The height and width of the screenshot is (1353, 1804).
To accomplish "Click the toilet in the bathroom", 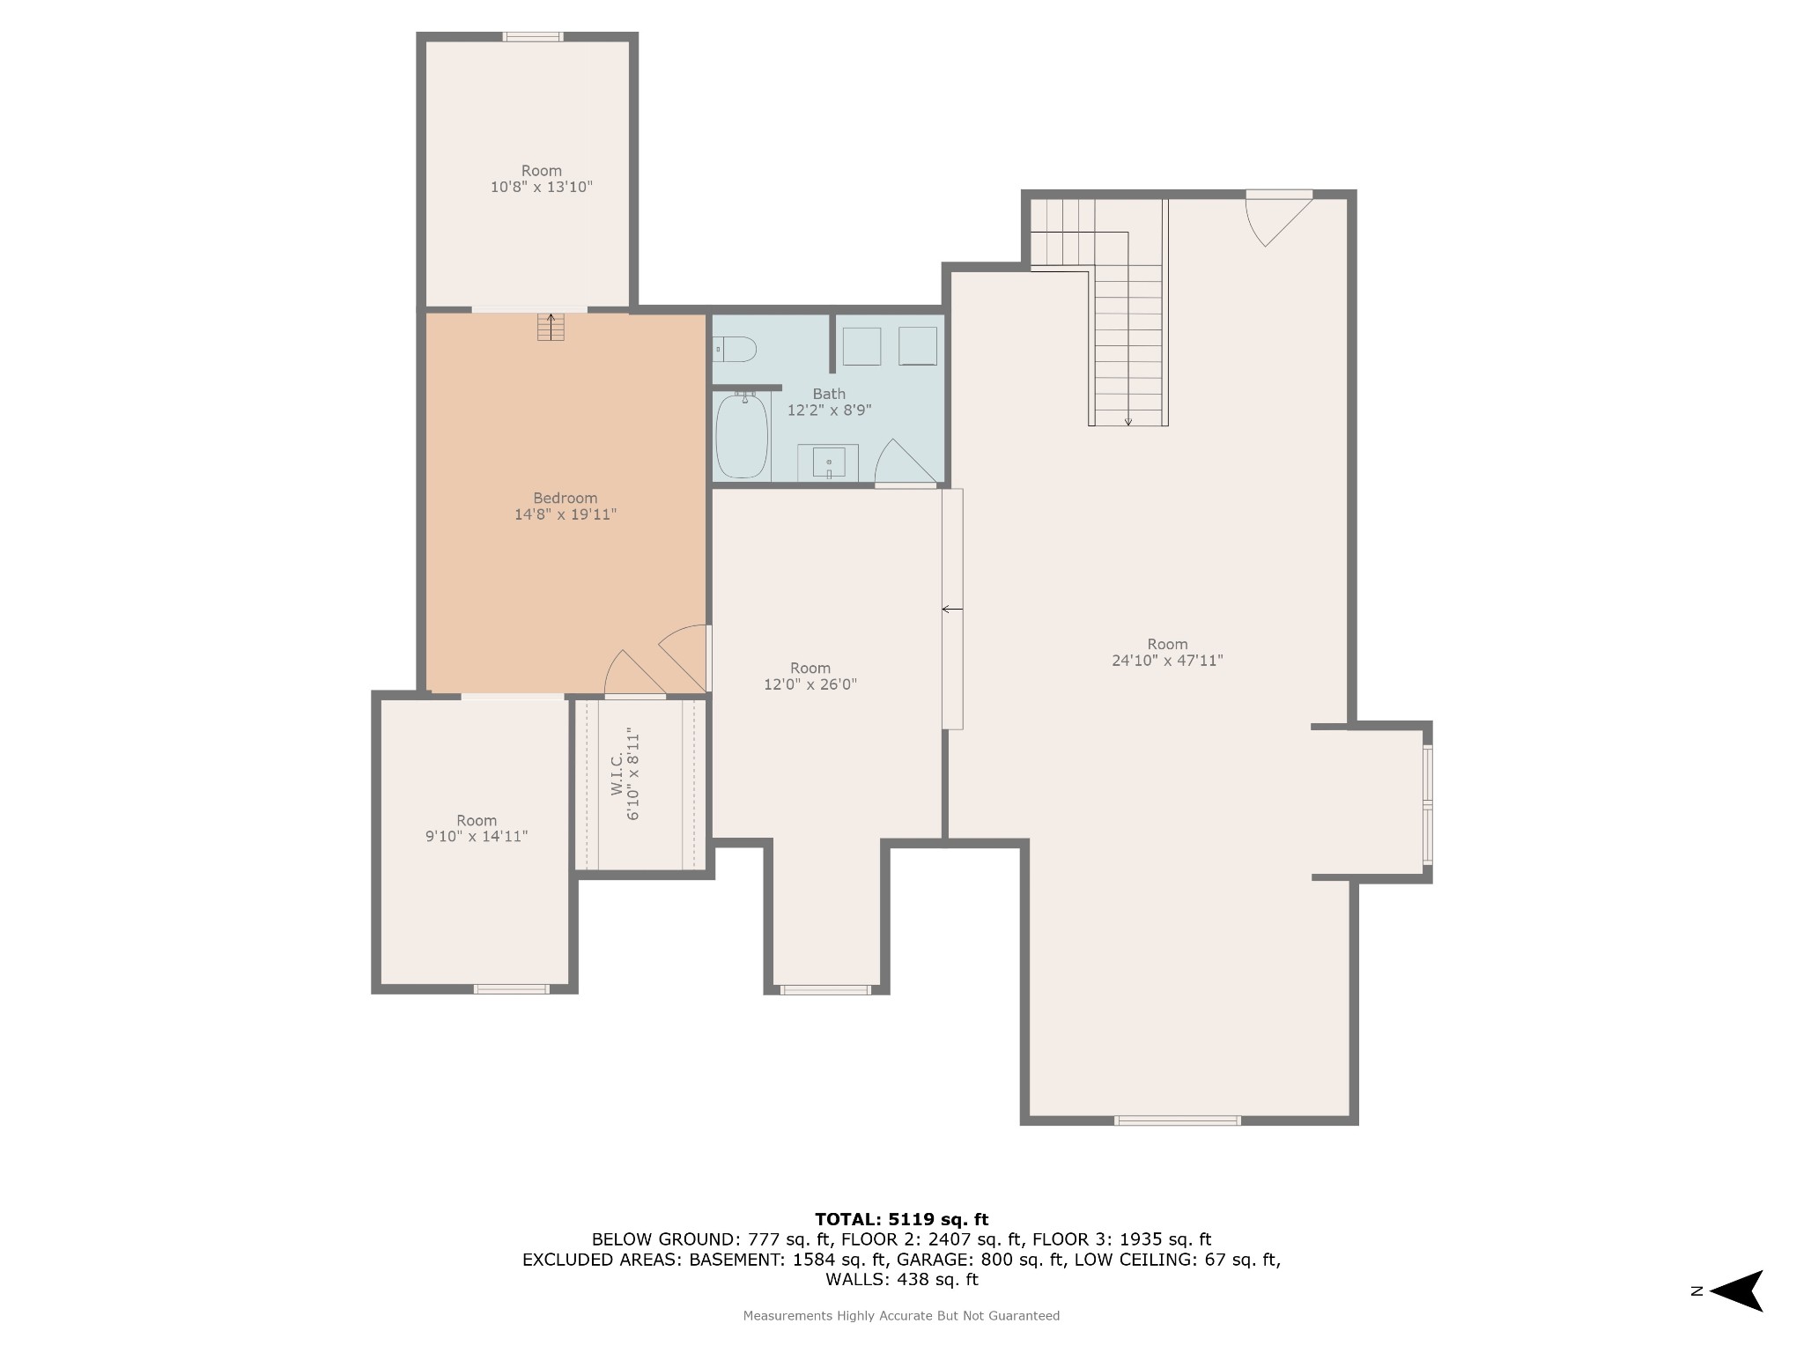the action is click(735, 350).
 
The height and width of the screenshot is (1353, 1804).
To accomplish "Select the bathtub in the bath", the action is click(742, 435).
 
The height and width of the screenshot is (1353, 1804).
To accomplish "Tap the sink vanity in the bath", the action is click(828, 462).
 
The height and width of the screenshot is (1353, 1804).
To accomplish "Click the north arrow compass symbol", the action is click(1736, 1291).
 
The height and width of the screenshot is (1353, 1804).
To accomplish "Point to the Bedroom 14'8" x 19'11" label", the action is click(566, 506).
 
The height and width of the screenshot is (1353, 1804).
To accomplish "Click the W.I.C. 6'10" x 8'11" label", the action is click(625, 773).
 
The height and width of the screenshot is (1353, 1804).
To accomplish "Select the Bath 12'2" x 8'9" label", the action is click(829, 402).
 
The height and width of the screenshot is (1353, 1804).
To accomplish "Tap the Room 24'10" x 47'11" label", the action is click(1167, 653).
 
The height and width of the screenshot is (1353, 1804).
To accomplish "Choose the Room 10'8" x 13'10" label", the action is click(541, 179).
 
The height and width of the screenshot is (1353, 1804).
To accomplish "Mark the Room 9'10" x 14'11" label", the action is click(477, 829).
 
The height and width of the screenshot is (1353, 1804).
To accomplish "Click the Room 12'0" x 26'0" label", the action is click(810, 676).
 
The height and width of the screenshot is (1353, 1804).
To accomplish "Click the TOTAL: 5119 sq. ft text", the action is click(901, 1219).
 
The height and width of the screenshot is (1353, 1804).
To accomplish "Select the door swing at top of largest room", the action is click(1278, 220).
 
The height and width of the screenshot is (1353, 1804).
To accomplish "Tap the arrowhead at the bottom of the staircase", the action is click(1128, 422).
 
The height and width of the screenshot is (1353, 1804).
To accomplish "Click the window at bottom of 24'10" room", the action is click(1177, 1120).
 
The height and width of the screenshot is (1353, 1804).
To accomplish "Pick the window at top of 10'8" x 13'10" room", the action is click(533, 37).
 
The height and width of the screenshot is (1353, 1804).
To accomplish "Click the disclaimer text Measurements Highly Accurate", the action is click(901, 1316).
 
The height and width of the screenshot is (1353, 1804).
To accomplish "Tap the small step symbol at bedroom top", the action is click(551, 327).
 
